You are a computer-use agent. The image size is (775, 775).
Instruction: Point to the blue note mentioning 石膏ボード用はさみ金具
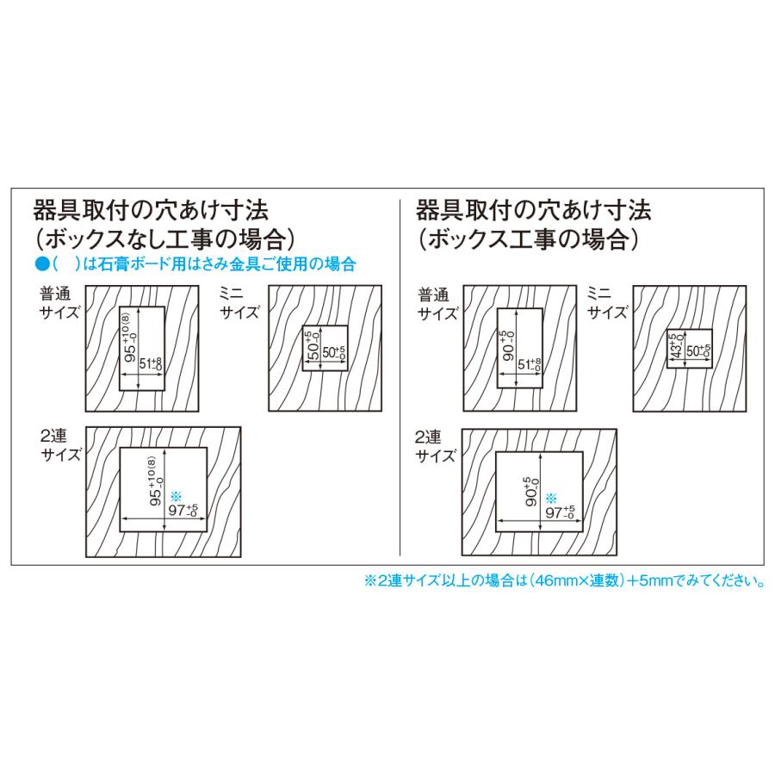[x=194, y=264]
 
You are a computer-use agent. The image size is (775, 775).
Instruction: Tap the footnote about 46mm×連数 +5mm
[x=565, y=581]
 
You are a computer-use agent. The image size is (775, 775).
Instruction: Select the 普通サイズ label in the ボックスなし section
[x=59, y=301]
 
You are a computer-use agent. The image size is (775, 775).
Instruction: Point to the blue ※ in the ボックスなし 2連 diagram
[x=176, y=495]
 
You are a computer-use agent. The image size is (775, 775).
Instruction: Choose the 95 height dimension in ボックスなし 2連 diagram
[x=155, y=489]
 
